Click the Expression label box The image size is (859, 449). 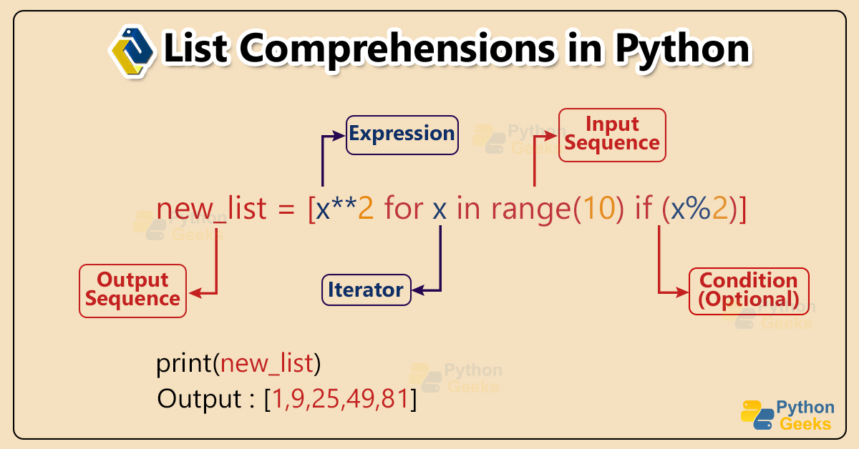pyautogui.click(x=402, y=134)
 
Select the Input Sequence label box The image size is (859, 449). pyautogui.click(x=611, y=134)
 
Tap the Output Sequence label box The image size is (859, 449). pyautogui.click(x=132, y=290)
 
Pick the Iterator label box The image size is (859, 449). pyautogui.click(x=366, y=290)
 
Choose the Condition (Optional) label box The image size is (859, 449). pyautogui.click(x=748, y=290)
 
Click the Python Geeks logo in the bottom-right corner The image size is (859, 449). pyautogui.click(x=787, y=415)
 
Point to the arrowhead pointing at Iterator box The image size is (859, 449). pyautogui.click(x=418, y=291)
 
